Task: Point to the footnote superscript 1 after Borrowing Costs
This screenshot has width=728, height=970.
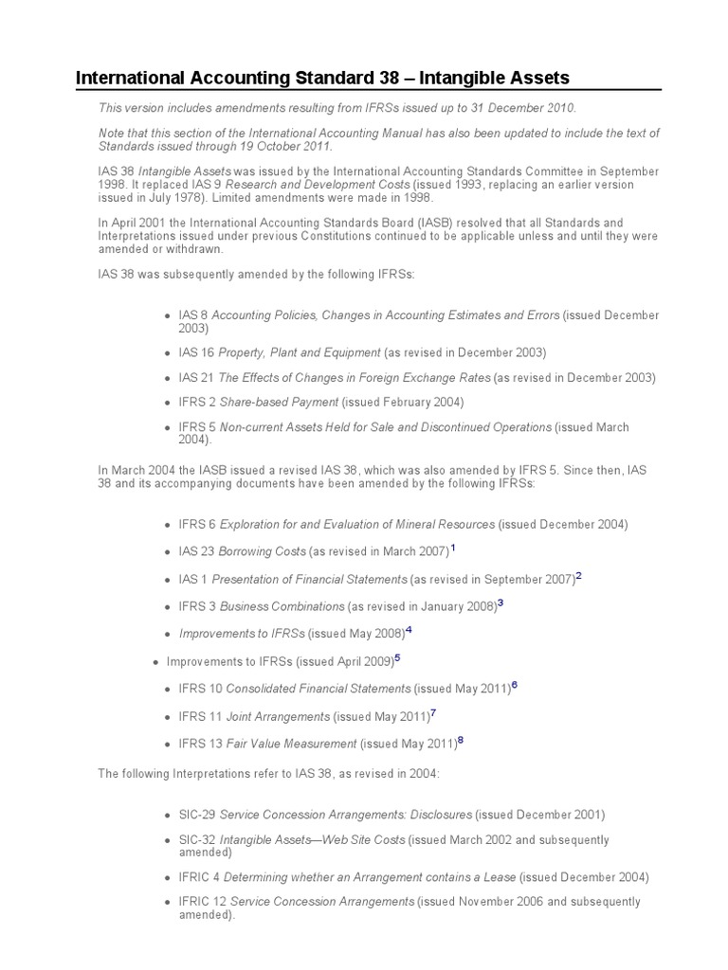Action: click(453, 548)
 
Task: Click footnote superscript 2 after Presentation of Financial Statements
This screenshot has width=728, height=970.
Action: click(578, 575)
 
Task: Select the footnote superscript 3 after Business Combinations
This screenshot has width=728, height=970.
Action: click(500, 602)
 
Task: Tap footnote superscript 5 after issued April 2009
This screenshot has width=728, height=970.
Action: click(398, 657)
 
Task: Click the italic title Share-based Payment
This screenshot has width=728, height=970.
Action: click(280, 402)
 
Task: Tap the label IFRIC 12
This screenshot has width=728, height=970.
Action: click(203, 902)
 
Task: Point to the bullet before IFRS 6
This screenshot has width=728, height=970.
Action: click(167, 524)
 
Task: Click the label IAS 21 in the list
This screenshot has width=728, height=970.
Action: click(196, 377)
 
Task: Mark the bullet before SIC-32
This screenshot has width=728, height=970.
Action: click(167, 840)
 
